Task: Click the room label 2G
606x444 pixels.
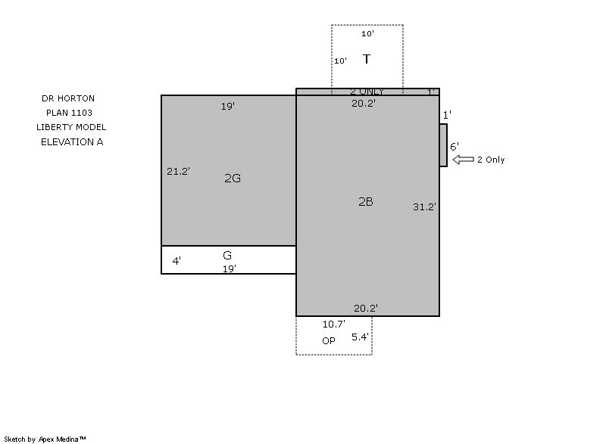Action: point(233,179)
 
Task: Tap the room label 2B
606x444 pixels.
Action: point(366,202)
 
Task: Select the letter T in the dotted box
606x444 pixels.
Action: point(367,59)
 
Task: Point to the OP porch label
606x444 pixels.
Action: point(329,340)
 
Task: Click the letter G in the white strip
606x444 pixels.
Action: point(227,255)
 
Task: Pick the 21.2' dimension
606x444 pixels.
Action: point(178,171)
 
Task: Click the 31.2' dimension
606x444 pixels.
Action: point(424,206)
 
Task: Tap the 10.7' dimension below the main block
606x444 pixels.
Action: point(334,324)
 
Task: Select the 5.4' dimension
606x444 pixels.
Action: point(360,337)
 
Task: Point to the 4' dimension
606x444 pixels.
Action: point(176,261)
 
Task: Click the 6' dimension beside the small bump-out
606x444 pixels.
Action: point(454,147)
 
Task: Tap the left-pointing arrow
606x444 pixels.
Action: point(463,160)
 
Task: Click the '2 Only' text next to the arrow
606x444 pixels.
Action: point(491,160)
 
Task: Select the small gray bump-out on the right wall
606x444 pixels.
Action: point(443,145)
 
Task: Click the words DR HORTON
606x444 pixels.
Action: point(68,98)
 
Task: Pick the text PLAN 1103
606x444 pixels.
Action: point(69,113)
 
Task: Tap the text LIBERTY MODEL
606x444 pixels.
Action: point(71,127)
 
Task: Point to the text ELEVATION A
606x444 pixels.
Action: point(72,142)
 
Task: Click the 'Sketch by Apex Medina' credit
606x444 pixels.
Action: point(45,439)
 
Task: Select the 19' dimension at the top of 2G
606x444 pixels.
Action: point(228,106)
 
